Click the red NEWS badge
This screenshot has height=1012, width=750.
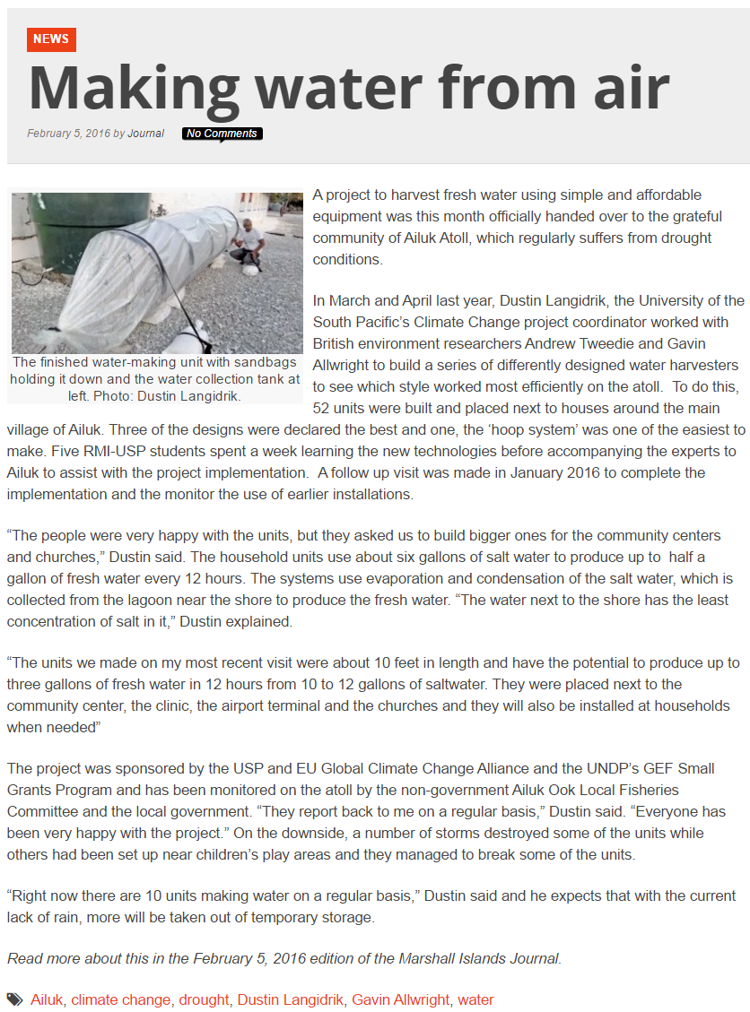pos(51,39)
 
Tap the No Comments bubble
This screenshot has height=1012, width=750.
pos(222,134)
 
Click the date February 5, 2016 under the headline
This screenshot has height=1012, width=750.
pos(68,134)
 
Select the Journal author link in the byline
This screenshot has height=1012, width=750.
pos(146,134)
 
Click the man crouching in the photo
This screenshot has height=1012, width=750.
pos(247,243)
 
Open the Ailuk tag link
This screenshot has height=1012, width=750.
pos(47,999)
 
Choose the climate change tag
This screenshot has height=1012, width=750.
pos(121,999)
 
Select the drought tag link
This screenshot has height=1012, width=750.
pos(204,999)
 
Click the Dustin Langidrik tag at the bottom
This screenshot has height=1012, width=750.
pos(290,999)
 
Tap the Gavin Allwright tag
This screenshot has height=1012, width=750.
pos(400,999)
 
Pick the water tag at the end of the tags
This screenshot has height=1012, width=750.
pos(475,999)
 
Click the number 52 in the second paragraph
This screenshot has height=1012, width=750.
pos(321,386)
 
